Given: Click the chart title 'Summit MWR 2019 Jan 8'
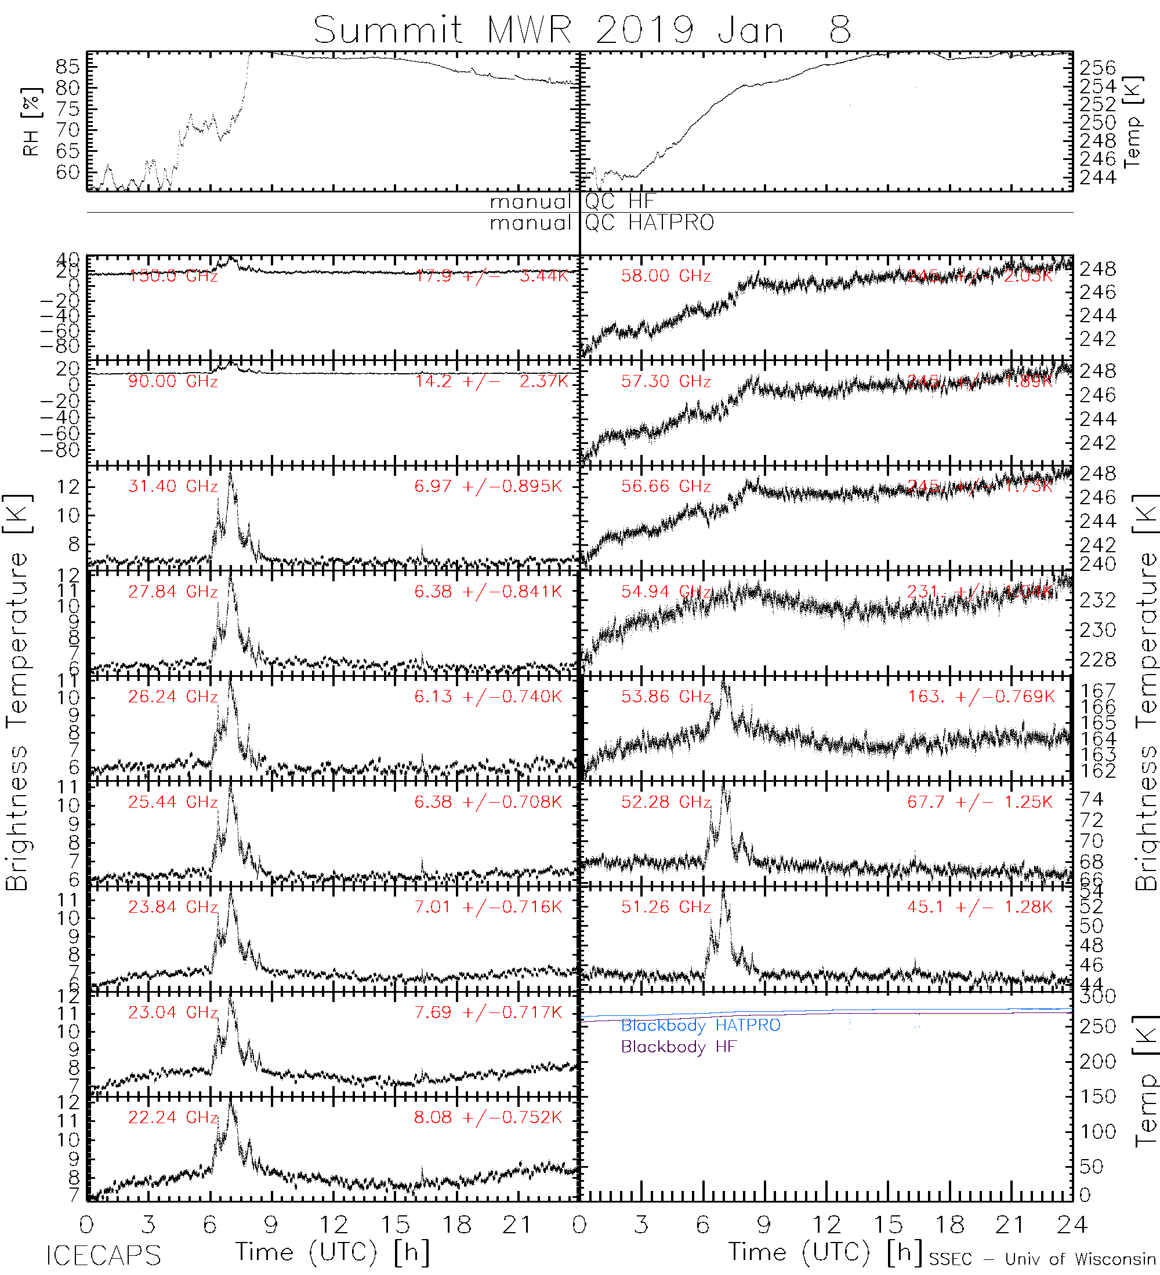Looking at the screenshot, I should [x=582, y=30].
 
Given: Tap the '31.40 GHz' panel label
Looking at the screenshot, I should [x=173, y=486].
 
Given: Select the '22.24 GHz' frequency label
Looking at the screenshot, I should [x=173, y=1117].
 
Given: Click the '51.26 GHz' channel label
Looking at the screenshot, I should [x=666, y=907].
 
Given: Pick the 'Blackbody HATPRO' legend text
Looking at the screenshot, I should [x=701, y=1025].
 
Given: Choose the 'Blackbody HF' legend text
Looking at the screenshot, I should [x=679, y=1047].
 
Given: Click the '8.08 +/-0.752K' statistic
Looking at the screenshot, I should [x=487, y=1117].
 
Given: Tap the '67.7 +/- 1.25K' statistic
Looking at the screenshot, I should [x=980, y=802].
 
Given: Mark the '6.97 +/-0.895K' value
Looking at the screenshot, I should [x=487, y=486].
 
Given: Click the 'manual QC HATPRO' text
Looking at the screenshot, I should [x=602, y=223].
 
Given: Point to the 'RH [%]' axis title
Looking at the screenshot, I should [x=30, y=122].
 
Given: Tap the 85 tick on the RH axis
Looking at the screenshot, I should [x=68, y=67].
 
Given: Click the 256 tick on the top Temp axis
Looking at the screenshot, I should [x=1098, y=68].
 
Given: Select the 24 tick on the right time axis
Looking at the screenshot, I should [x=1071, y=1225].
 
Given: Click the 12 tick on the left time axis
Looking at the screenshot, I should [x=333, y=1225].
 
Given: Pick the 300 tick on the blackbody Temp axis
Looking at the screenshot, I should [x=1098, y=997].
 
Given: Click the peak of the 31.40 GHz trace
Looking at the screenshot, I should [x=230, y=473].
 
